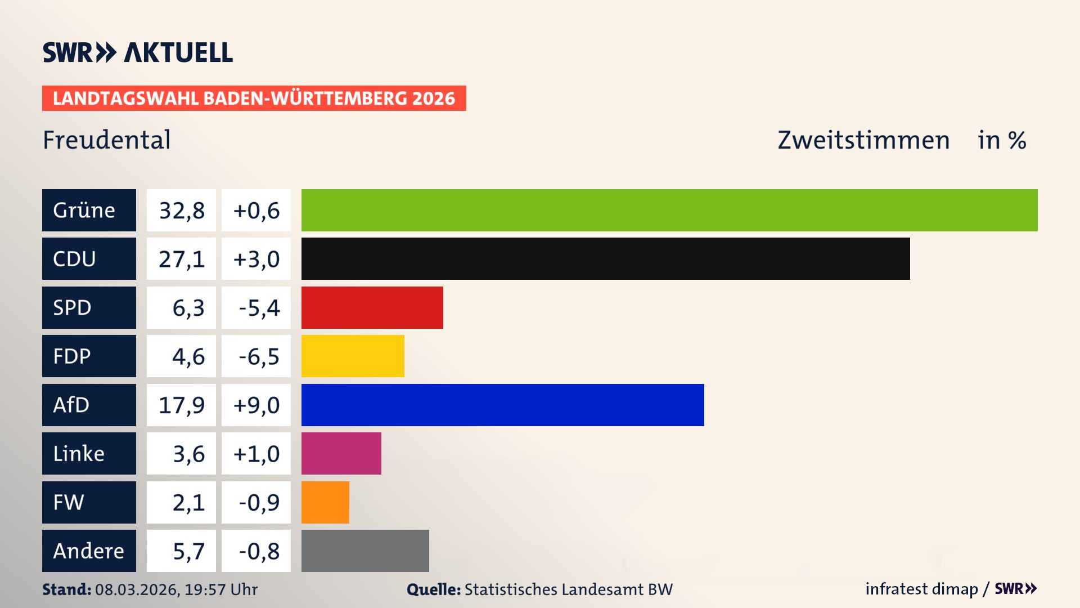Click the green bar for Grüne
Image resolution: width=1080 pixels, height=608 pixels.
pos(669,210)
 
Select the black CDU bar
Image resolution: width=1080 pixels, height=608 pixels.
pos(605,258)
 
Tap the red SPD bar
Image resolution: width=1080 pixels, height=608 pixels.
pos(372,307)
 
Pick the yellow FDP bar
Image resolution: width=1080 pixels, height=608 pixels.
pos(353,356)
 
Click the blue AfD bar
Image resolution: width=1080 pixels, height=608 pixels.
pos(502,405)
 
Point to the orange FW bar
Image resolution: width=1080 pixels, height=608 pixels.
pos(325,502)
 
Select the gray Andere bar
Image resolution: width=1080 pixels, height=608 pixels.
pos(365,551)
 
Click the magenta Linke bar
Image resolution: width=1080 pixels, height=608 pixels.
pos(341,453)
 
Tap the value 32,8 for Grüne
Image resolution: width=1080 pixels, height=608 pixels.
pos(181,211)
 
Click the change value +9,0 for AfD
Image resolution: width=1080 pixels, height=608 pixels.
pos(256,405)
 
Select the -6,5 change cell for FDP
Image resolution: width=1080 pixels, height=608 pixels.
pos(256,356)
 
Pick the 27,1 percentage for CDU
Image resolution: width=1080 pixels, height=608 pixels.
pos(181,259)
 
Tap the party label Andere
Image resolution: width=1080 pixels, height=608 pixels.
pos(89,551)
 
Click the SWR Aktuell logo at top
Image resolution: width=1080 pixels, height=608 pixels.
pos(137,52)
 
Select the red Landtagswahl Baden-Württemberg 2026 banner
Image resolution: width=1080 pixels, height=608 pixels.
pos(254,99)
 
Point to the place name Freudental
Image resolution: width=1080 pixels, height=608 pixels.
pos(107,140)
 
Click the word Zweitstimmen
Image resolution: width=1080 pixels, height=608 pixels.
pos(863,140)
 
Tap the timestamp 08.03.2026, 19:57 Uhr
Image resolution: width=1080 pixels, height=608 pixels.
pos(176,589)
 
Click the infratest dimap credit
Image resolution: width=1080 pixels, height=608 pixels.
pos(921,589)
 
